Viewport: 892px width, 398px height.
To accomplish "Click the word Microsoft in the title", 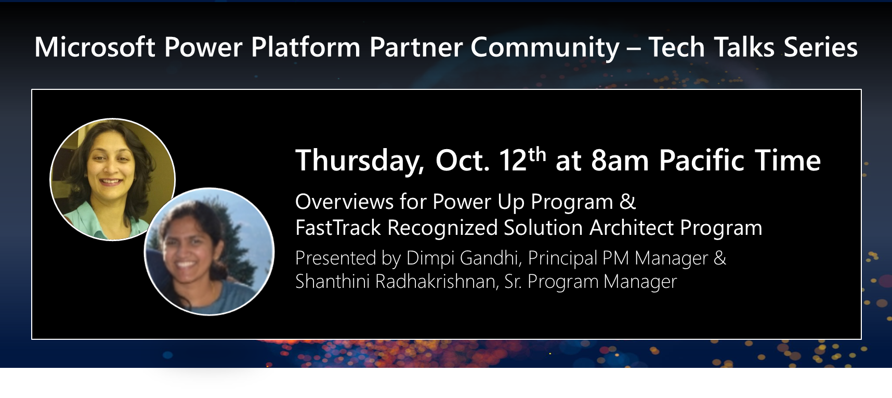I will [95, 47].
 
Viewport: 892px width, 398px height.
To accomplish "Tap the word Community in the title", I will [545, 47].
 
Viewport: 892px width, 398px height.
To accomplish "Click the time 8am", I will [620, 161].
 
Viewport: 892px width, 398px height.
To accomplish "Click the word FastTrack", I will [338, 228].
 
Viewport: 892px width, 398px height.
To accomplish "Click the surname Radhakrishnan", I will [437, 282].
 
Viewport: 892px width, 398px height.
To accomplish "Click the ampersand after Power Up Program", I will [628, 202].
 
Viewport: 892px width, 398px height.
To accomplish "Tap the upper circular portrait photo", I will [112, 179].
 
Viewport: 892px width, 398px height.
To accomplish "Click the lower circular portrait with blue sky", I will [209, 252].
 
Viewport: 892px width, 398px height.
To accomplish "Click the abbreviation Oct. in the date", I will [462, 161].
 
